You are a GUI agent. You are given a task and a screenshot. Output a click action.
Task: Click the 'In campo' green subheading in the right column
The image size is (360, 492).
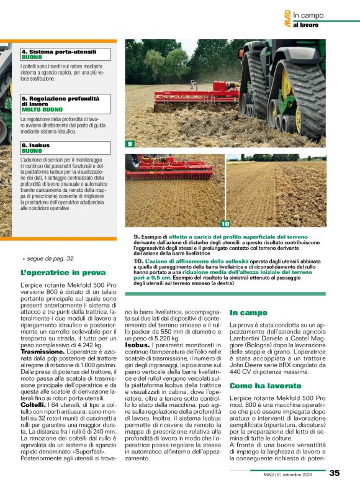[x=248, y=312]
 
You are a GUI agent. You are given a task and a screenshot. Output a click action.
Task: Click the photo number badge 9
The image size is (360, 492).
[x=130, y=144]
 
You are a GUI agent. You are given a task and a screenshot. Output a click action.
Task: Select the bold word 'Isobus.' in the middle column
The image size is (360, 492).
[x=138, y=344]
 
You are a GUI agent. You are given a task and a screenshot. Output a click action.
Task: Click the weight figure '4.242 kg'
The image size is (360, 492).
[x=78, y=344]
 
